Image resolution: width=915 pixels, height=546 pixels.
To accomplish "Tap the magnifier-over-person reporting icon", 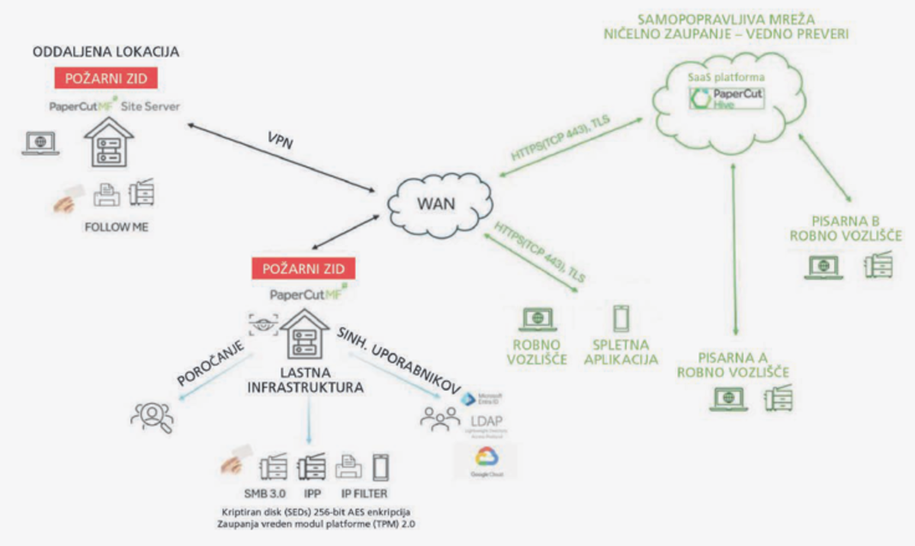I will [152, 415].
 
